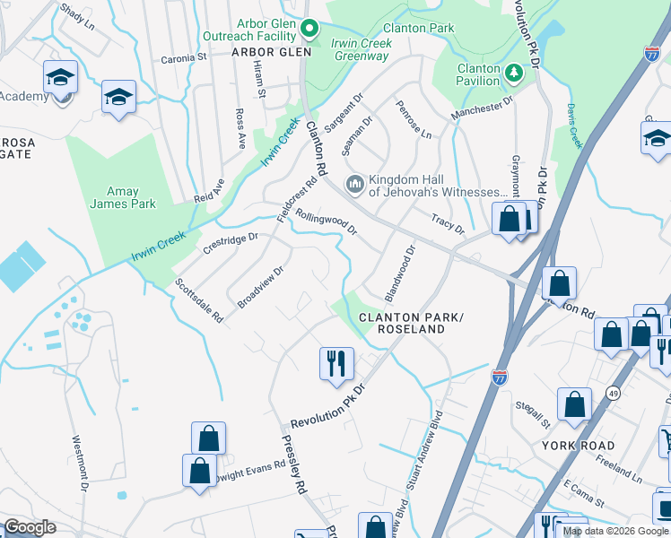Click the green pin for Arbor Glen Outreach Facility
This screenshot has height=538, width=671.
(310, 30)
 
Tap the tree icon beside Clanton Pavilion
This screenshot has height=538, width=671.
(513, 73)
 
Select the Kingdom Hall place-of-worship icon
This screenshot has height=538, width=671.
(354, 184)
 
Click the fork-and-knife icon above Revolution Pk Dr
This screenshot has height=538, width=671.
(336, 363)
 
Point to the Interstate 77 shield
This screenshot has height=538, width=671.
(500, 377)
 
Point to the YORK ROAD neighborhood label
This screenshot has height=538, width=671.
(578, 446)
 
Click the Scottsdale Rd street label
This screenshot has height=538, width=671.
(199, 299)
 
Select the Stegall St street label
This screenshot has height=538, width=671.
(533, 414)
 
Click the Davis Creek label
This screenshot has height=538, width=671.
(575, 126)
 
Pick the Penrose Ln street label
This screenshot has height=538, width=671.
(414, 119)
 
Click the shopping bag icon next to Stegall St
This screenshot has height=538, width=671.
(574, 404)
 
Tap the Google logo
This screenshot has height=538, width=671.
(30, 527)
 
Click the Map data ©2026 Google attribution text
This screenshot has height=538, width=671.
(614, 531)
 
